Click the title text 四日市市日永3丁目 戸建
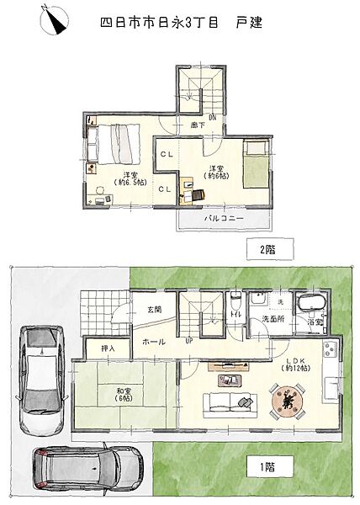point(181,23)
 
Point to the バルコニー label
point(225,219)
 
